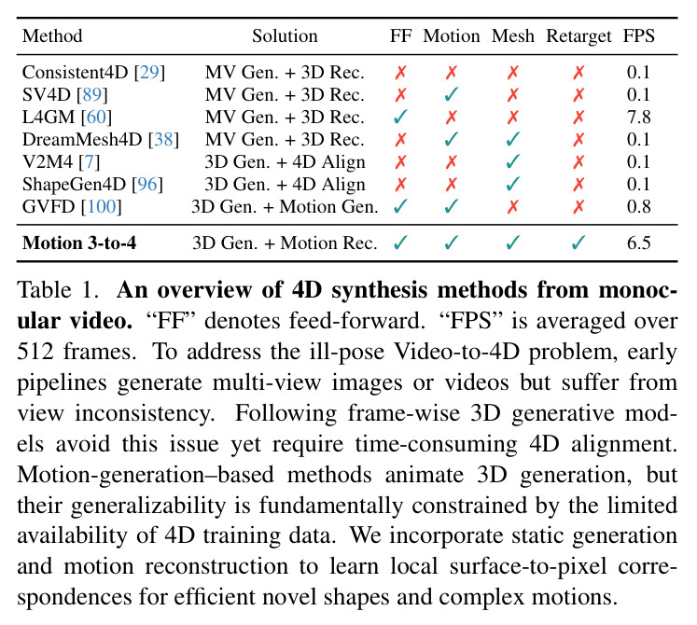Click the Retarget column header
(579, 36)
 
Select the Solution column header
(285, 36)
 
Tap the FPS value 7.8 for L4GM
(639, 117)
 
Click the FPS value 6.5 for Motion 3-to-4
(639, 243)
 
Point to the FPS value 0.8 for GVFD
(639, 206)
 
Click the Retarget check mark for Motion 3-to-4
(579, 243)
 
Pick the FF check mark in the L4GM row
(400, 117)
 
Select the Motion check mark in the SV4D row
(452, 94)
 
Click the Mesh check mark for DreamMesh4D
(512, 139)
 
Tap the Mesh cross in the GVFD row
(512, 206)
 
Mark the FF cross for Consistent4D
(400, 72)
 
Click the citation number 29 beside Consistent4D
(150, 72)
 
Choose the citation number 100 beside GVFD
(102, 206)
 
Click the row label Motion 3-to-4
(79, 243)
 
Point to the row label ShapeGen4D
(76, 184)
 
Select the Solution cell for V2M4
(285, 161)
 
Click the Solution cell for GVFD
(285, 206)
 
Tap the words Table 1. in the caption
(58, 290)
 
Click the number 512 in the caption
(35, 352)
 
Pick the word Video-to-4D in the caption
(457, 352)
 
